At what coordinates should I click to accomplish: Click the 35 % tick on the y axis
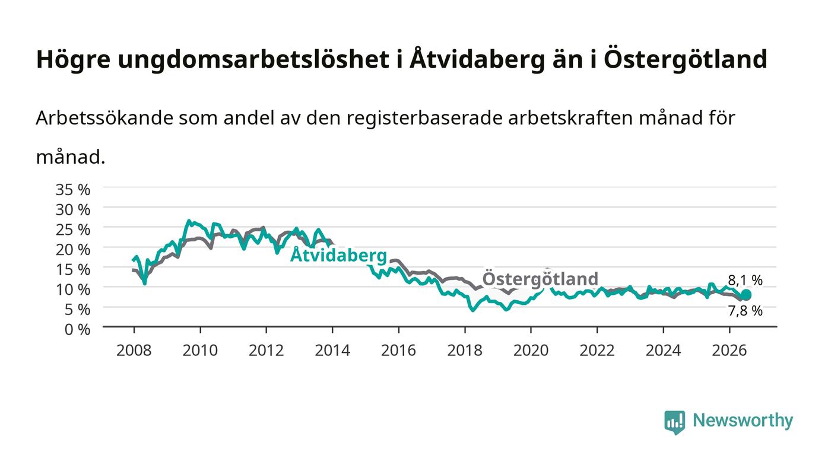(x=72, y=189)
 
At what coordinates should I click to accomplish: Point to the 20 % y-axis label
(x=72, y=250)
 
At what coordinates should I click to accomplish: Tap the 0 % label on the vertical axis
(x=77, y=329)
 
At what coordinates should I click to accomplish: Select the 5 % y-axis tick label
(x=77, y=309)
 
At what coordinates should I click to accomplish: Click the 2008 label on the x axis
(x=134, y=350)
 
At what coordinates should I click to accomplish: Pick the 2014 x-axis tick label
(x=332, y=350)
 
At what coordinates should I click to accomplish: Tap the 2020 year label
(x=531, y=350)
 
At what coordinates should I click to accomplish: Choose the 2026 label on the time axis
(x=729, y=350)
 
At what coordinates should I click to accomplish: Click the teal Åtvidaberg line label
(x=338, y=255)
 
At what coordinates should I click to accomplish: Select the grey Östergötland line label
(x=540, y=279)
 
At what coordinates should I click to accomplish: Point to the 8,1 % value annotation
(x=746, y=280)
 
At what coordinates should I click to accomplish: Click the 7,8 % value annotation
(x=746, y=310)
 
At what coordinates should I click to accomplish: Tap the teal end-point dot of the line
(x=746, y=295)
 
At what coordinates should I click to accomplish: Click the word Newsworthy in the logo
(x=743, y=420)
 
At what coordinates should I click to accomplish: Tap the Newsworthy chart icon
(x=674, y=422)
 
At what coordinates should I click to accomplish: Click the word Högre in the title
(x=73, y=60)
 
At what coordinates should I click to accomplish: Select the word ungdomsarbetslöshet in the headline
(x=253, y=60)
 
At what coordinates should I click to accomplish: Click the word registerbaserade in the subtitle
(x=424, y=119)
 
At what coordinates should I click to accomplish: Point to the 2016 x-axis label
(x=398, y=350)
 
